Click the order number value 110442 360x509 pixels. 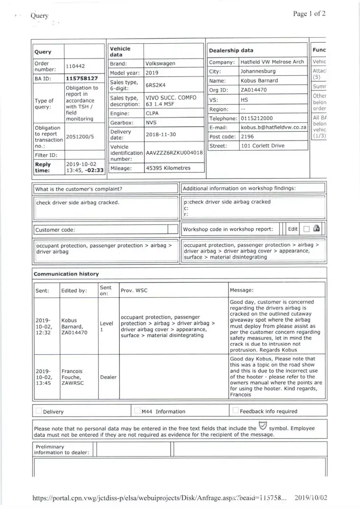[76, 67]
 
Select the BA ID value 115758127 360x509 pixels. [81, 78]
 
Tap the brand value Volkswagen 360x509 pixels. [160, 64]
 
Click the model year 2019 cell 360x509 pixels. [152, 73]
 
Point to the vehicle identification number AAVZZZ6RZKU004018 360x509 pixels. [174, 152]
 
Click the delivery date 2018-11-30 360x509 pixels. [161, 135]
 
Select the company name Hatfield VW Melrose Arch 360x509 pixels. [272, 62]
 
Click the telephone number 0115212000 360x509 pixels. [257, 118]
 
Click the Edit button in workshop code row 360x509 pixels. [293, 229]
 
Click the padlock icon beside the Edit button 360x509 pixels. [317, 229]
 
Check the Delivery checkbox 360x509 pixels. [39, 411]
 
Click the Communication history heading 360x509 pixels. [66, 274]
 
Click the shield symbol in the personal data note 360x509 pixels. [263, 427]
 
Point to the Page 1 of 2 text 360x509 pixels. [310, 14]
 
